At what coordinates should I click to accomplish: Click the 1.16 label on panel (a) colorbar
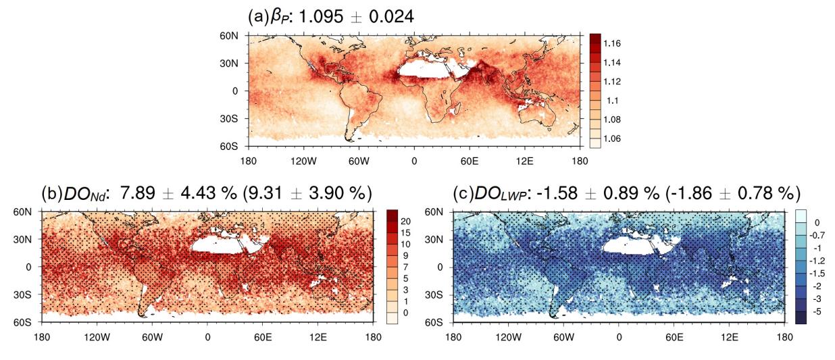(612, 43)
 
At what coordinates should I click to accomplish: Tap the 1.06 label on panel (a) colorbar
(612, 138)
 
